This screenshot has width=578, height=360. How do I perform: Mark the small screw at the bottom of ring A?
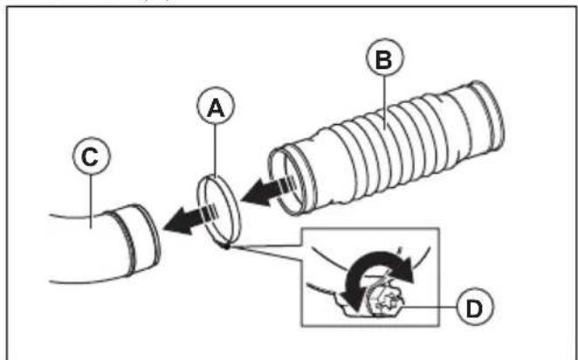(x=226, y=245)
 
